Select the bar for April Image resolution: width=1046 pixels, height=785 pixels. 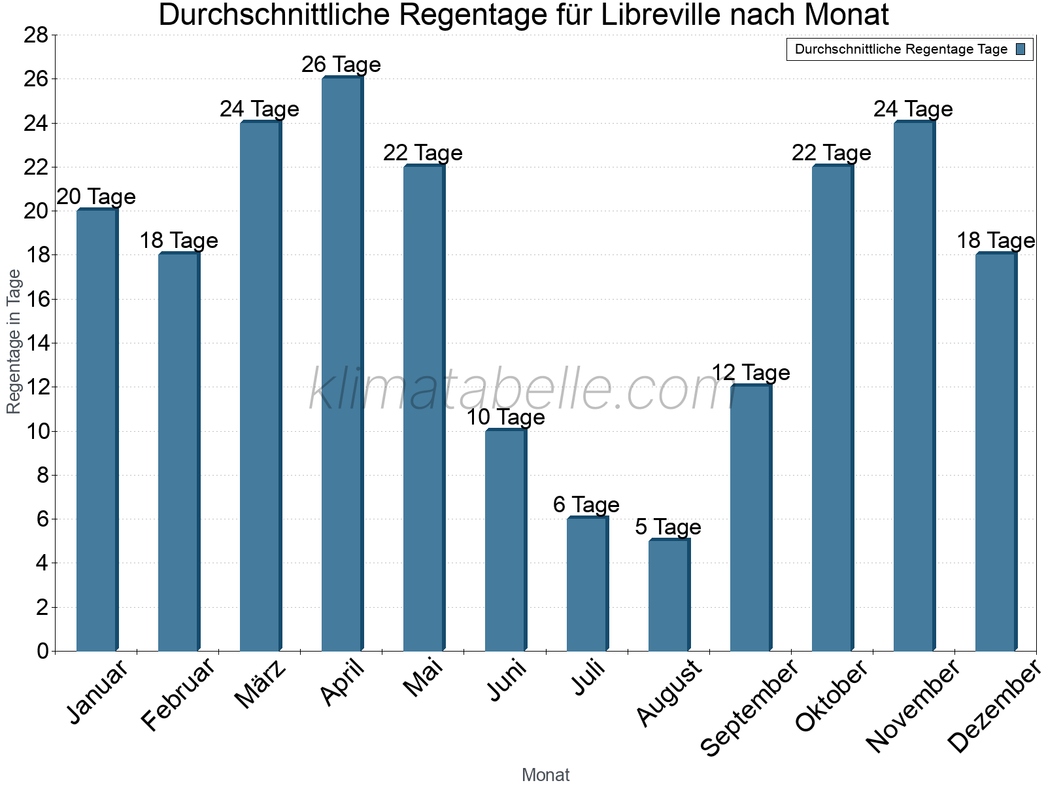coord(342,364)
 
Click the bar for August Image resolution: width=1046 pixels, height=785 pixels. coord(669,595)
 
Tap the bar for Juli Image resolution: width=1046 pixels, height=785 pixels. coord(587,584)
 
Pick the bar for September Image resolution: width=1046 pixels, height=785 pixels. coord(751,517)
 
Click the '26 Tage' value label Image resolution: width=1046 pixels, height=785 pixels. coord(341,65)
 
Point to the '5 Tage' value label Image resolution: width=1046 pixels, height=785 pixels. coord(668,527)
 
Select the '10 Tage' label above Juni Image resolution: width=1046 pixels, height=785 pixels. coord(505,417)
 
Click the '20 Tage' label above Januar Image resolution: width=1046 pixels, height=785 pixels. coord(96,197)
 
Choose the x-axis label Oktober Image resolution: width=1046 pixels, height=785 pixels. coord(832,695)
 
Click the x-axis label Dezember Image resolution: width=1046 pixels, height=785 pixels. coord(994,706)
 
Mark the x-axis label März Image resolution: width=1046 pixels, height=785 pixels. coord(261,684)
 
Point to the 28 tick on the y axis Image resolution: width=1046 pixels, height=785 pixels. coord(36,35)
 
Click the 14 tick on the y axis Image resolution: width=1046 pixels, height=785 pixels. coord(36,343)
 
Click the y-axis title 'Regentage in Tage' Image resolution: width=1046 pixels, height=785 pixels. coord(14,341)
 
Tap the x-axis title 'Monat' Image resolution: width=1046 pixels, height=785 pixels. coord(545,775)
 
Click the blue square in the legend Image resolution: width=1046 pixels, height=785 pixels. coord(1021,49)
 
